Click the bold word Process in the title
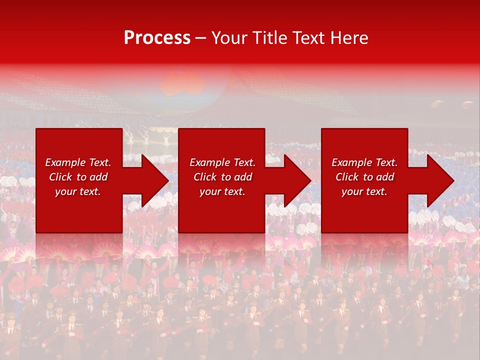[x=157, y=38]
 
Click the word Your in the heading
[x=229, y=38]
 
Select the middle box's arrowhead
[x=297, y=180]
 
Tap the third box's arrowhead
[x=440, y=180]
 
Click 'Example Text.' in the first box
[x=78, y=162]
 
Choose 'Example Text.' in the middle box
[x=222, y=162]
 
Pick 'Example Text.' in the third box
[x=364, y=162]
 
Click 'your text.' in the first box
[x=78, y=191]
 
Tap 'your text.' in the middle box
[x=222, y=191]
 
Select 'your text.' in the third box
[x=364, y=191]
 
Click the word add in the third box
[x=384, y=177]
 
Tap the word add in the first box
[x=98, y=177]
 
